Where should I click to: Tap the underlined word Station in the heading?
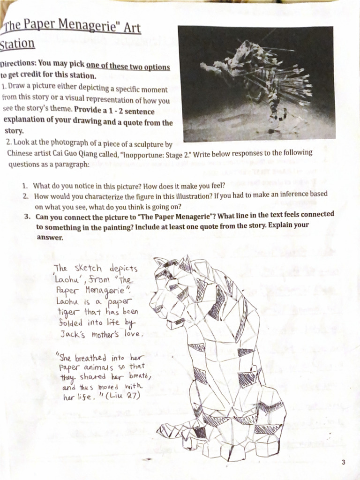[x=17, y=45]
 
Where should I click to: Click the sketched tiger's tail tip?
[x=162, y=429]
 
